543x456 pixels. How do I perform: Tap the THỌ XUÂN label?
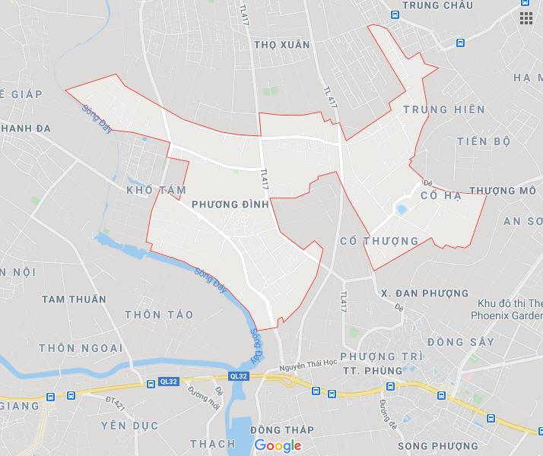282,45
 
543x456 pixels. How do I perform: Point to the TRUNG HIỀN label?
444,110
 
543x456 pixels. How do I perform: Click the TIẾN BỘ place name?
484,141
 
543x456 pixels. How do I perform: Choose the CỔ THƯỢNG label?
379,241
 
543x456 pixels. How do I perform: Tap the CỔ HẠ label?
441,196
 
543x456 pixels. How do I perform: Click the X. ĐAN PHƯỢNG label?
414,293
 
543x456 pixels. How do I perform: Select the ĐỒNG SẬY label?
461,343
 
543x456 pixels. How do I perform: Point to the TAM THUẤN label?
74,299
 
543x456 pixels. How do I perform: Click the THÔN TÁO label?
159,315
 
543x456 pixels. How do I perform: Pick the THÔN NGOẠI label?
81,348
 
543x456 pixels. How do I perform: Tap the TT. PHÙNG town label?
372,371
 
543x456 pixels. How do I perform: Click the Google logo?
278,446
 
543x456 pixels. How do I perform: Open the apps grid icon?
526,18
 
